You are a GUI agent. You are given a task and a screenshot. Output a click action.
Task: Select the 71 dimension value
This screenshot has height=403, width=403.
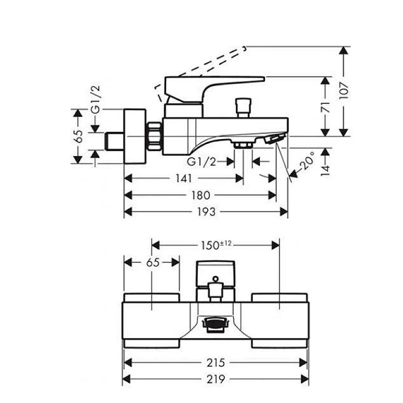pyautogui.click(x=326, y=106)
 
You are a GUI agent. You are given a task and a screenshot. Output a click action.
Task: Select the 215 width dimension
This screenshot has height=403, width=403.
pyautogui.click(x=215, y=362)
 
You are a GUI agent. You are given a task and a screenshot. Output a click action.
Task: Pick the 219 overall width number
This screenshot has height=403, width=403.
pyautogui.click(x=215, y=379)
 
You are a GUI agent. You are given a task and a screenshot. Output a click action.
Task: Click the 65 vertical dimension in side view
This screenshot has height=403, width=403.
pyautogui.click(x=78, y=137)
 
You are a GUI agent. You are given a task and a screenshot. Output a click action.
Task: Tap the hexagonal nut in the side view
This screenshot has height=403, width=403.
pyautogui.click(x=154, y=137)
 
